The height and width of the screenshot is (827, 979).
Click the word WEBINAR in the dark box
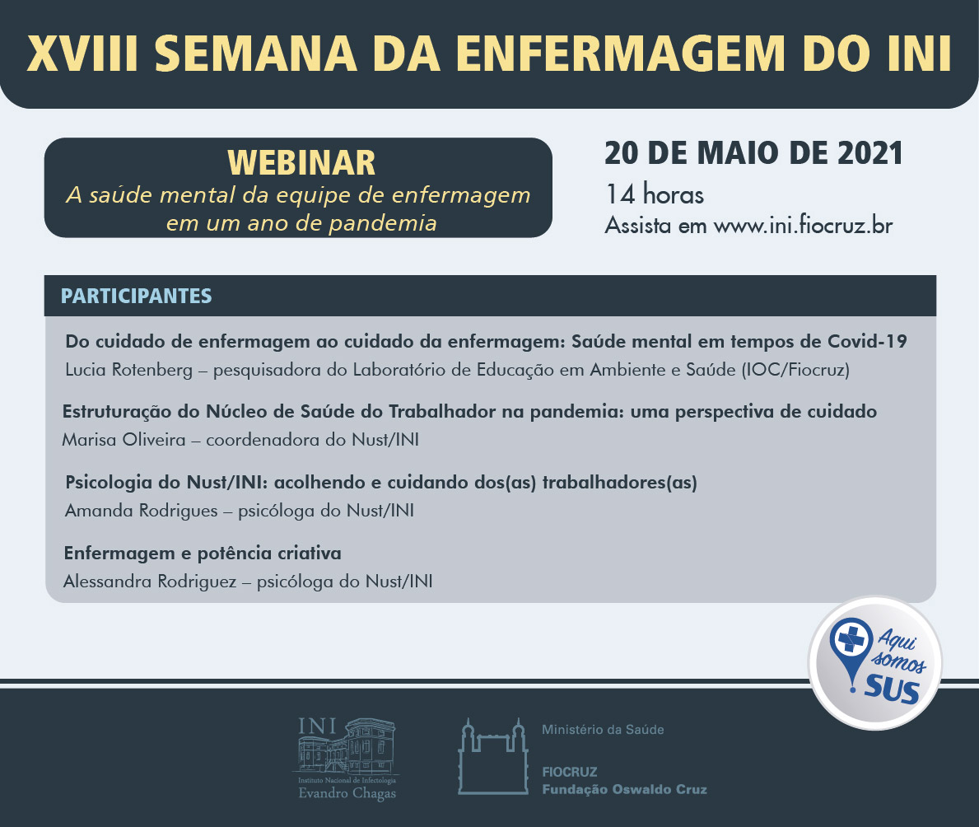(x=301, y=163)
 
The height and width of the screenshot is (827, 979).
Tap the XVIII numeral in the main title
(x=82, y=54)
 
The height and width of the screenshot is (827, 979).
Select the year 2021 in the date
(x=870, y=153)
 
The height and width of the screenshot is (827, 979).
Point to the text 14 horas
(x=655, y=194)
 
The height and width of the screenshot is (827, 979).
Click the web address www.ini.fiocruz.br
(x=803, y=225)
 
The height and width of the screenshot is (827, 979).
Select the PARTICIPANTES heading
(x=136, y=296)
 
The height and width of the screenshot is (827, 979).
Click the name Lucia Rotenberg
(x=128, y=370)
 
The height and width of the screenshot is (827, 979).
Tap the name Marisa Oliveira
(x=124, y=440)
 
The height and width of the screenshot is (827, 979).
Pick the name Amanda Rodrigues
(x=141, y=511)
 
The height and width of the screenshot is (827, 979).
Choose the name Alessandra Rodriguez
(x=150, y=582)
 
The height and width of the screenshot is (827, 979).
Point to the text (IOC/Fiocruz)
(x=795, y=370)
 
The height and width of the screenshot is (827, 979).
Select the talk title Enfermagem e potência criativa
(x=203, y=554)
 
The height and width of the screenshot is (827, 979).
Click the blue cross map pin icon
(x=851, y=650)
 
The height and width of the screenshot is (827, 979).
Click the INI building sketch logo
(x=347, y=758)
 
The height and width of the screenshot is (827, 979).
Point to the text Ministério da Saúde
(x=603, y=730)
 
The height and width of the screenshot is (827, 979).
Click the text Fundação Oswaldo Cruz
(x=624, y=790)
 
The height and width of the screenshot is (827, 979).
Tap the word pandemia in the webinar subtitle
(x=383, y=223)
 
